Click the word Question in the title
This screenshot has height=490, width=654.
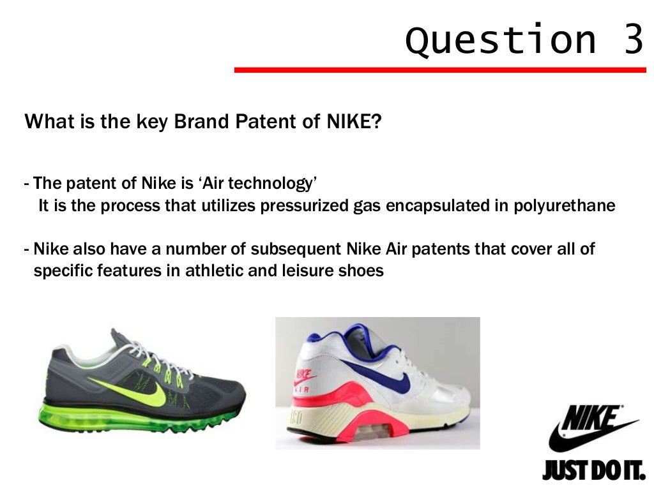(x=500, y=41)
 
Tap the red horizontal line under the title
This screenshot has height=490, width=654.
(x=440, y=70)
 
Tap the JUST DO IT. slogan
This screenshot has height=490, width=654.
(x=593, y=471)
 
